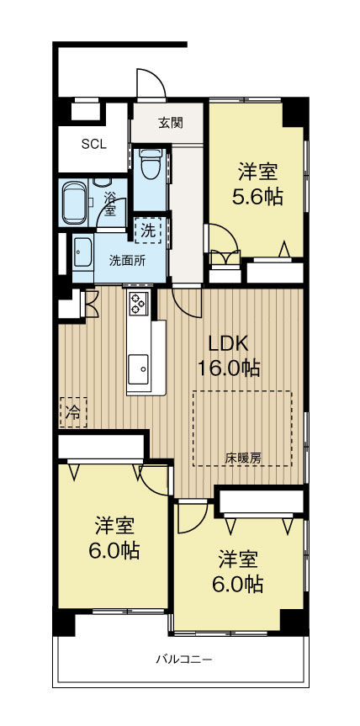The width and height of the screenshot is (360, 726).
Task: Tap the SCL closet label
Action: tap(94, 144)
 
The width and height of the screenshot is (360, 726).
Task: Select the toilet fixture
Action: tap(150, 164)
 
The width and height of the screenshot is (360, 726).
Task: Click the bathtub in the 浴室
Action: tap(75, 203)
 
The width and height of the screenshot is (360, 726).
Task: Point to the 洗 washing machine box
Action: tap(148, 231)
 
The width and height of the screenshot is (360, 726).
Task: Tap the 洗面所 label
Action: tap(127, 260)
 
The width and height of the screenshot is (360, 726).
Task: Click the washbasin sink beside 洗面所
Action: tap(82, 252)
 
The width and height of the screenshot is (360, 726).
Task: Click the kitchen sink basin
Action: tap(138, 369)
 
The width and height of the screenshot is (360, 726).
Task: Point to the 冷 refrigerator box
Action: tap(73, 412)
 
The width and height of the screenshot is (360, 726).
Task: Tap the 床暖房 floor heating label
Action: tap(242, 458)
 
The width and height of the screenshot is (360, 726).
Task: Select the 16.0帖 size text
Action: tap(229, 368)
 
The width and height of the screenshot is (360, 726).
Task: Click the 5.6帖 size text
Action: tap(257, 198)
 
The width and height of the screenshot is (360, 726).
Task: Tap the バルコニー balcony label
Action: tap(184, 659)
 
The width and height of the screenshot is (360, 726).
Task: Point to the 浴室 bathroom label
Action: tap(109, 203)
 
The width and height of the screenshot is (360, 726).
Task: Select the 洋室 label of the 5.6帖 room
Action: tap(258, 172)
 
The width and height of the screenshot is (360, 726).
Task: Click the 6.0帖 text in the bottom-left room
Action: tap(114, 550)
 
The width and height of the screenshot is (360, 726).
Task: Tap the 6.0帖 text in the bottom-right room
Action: tap(237, 585)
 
